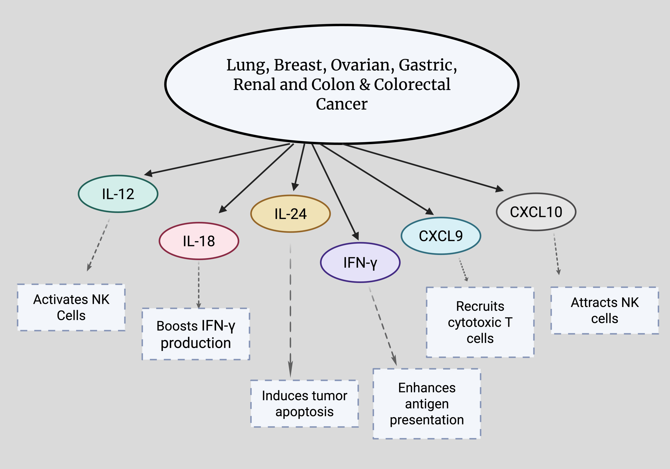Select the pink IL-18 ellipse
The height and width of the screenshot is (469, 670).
point(199,241)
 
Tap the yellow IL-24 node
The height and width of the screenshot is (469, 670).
point(290,214)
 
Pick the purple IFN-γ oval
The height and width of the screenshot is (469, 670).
point(360,262)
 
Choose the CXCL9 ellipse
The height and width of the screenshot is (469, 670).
point(441,236)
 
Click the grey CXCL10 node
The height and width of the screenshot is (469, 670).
point(536,212)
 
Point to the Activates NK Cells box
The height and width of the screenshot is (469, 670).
point(71,307)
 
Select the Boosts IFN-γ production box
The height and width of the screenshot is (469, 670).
point(196,334)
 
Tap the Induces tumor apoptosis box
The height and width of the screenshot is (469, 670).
point(304,404)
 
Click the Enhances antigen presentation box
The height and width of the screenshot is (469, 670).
point(427,404)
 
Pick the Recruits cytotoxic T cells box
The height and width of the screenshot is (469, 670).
point(480,322)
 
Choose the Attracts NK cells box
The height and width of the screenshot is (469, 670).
point(605,310)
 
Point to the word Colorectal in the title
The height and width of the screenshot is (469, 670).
point(412,84)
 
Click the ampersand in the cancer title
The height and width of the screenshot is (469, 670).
point(365,85)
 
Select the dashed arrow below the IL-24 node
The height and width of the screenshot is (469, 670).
point(290,309)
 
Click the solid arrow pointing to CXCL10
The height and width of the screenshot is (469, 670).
point(423,167)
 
